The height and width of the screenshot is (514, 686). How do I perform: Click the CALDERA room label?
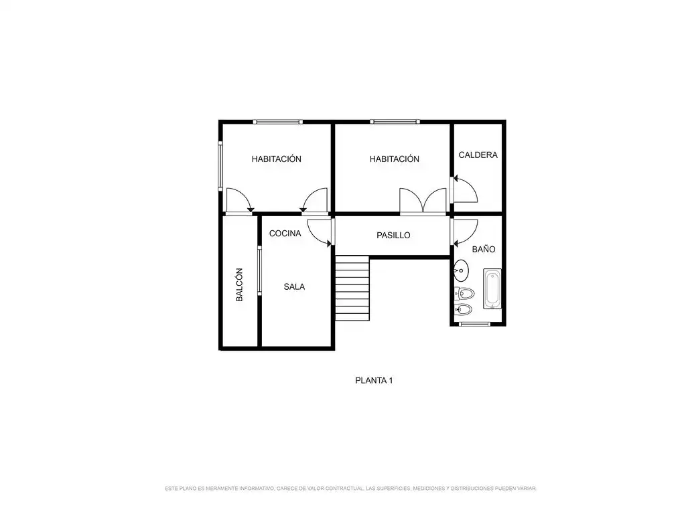[478, 155]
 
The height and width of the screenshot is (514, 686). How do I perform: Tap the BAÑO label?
[484, 249]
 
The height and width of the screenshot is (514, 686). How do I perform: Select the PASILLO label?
[393, 235]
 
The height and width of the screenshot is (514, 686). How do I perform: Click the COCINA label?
[285, 234]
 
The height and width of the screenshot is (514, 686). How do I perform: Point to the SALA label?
[294, 286]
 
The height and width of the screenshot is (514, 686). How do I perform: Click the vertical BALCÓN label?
[239, 284]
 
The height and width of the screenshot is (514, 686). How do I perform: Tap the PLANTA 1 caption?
[374, 380]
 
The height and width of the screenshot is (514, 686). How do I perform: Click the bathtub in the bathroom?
[492, 289]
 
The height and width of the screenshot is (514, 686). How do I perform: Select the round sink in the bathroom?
[461, 270]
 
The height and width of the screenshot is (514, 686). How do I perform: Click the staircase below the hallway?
[352, 288]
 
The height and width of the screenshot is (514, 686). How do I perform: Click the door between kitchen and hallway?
[320, 232]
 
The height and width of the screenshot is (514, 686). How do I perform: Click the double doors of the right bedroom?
[423, 201]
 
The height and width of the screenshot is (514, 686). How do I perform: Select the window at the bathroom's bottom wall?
[474, 324]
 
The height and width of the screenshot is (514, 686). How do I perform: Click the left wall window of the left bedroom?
[221, 166]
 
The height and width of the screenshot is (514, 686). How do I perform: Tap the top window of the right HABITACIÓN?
[395, 122]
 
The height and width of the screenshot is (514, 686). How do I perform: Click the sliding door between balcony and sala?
[259, 270]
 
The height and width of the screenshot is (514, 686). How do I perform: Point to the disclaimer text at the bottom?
[350, 488]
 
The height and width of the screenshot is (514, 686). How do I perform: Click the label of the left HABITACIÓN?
[277, 159]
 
